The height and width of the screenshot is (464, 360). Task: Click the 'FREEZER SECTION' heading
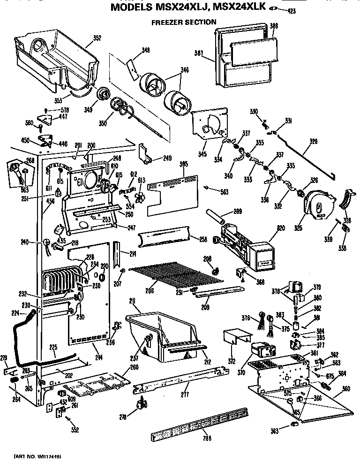click(183, 22)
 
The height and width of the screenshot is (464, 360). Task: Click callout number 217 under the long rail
click(186, 395)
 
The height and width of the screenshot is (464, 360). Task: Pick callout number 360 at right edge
click(346, 389)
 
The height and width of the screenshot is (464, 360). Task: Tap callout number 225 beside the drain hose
click(53, 348)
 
